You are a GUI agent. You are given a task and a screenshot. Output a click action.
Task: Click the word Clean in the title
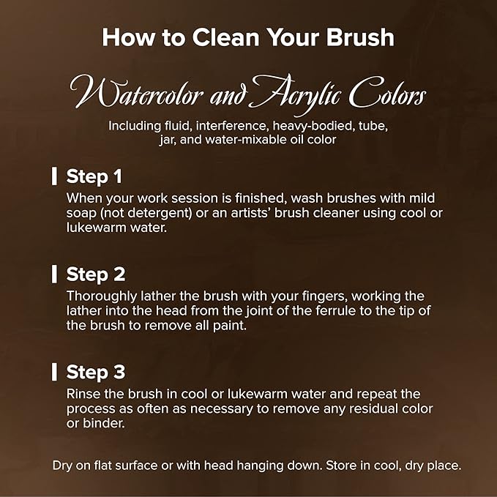point(225,37)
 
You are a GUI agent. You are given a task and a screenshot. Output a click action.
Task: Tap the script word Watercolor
point(136,92)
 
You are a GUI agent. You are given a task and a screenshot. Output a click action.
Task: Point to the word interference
point(231,126)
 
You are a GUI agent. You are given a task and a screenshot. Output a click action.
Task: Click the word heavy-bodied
point(313,126)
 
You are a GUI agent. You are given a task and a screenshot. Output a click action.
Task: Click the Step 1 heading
point(94,176)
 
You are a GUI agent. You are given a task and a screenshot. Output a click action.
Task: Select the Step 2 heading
point(96,274)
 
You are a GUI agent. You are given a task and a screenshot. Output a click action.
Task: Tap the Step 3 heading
point(96,372)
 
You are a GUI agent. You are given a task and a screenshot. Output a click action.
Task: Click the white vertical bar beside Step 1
point(54,176)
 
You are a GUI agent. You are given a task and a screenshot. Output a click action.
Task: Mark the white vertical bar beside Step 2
point(54,274)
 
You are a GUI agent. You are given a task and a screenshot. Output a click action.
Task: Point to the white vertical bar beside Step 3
point(54,372)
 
